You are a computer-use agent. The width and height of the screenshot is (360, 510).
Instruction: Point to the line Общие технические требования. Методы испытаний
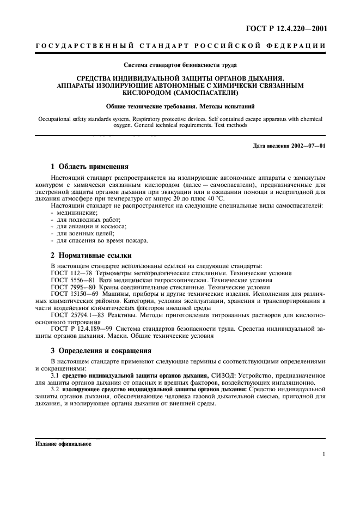(179, 106)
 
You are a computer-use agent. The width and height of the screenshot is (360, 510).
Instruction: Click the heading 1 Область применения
(89, 167)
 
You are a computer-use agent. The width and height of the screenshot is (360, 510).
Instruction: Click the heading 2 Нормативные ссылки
(90, 256)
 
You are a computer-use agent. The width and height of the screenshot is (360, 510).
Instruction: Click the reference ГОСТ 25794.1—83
(77, 315)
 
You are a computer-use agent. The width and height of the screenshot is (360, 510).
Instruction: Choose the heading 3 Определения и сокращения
(101, 351)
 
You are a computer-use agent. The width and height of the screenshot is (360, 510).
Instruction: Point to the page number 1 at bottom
(324, 454)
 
